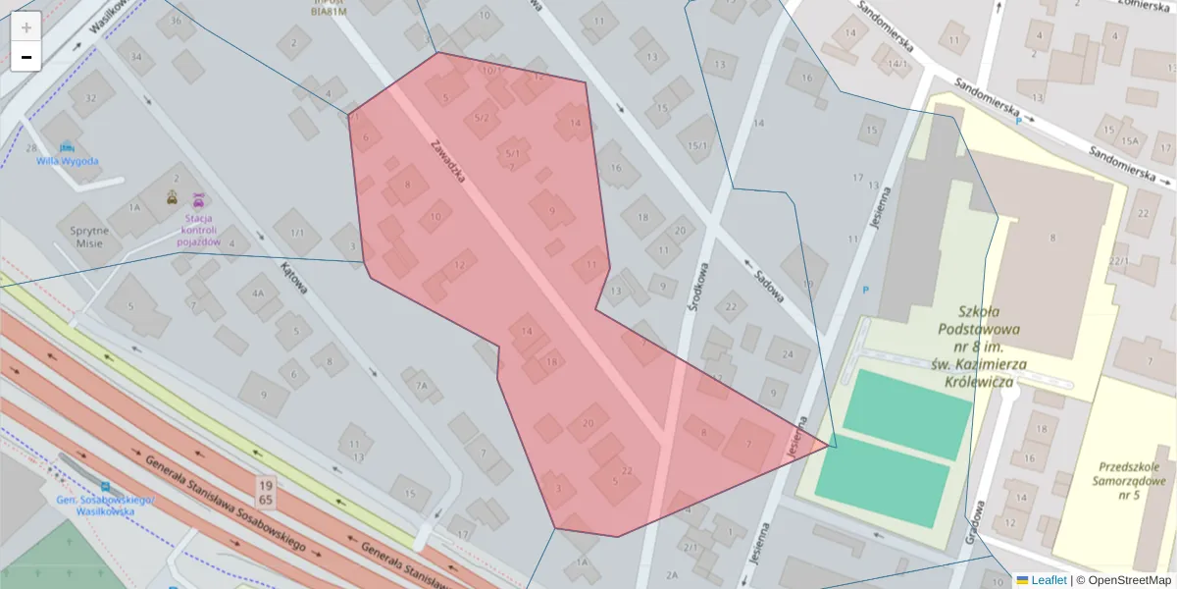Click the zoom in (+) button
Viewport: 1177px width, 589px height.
[26, 27]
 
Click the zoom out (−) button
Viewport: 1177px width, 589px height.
[26, 57]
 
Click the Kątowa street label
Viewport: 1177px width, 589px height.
[293, 278]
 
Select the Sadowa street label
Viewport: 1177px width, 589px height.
[764, 281]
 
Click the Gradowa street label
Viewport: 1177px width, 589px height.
[973, 519]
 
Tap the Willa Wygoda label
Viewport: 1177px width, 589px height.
[68, 161]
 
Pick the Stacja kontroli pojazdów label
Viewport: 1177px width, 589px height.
[198, 229]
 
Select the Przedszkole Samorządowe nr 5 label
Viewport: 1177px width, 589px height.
[1131, 481]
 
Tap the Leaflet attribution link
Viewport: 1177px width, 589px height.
[1048, 580]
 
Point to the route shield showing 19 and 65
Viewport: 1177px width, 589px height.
[265, 493]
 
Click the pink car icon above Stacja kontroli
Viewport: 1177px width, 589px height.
[198, 198]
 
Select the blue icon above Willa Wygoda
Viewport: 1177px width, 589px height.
[66, 146]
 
